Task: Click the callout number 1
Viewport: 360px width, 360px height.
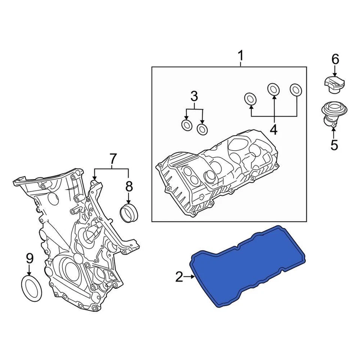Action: pos(241,57)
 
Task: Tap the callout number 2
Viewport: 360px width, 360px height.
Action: pos(179,277)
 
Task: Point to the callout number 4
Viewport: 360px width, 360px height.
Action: pos(273,130)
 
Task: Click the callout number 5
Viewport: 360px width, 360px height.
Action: pos(334,144)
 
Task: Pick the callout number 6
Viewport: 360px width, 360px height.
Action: pos(335,59)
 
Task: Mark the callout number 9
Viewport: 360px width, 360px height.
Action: pos(30,258)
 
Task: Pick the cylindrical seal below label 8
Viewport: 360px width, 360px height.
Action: pos(129,212)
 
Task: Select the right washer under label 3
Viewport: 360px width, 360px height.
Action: pos(202,129)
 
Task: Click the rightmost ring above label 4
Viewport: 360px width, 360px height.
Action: pos(296,89)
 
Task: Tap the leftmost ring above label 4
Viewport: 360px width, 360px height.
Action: pos(250,99)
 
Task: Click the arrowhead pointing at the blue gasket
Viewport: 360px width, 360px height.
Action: pos(192,277)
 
